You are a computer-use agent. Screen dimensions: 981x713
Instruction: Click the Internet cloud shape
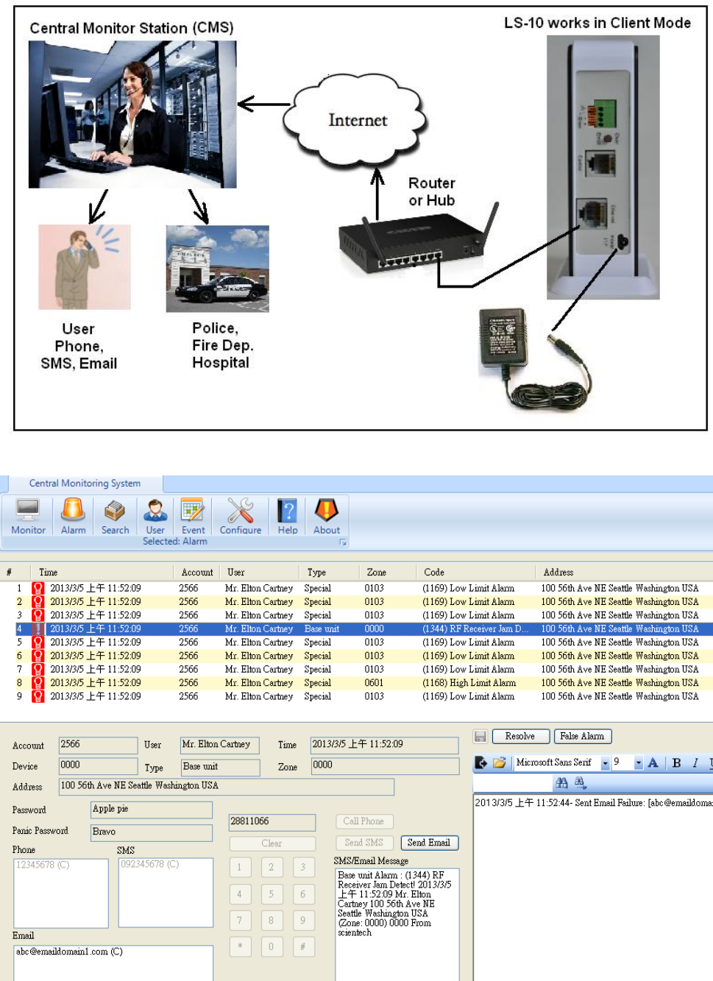(x=358, y=120)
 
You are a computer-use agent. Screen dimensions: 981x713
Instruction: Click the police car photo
(x=217, y=269)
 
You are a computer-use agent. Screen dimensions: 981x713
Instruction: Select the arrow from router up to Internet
(x=377, y=194)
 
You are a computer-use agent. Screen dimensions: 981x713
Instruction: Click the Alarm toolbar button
(x=74, y=515)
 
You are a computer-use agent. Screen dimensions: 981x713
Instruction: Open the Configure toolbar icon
(x=241, y=515)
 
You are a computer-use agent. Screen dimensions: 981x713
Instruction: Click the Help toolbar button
(x=288, y=515)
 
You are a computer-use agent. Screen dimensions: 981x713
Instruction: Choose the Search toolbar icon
(x=115, y=515)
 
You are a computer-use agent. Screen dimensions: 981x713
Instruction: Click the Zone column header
(x=377, y=572)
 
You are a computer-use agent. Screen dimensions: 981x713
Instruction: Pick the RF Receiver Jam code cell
(x=475, y=629)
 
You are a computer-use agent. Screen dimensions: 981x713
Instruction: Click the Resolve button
(x=519, y=736)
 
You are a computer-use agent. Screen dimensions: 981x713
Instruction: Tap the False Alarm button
(x=582, y=736)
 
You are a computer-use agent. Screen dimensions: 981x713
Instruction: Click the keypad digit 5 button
(x=271, y=894)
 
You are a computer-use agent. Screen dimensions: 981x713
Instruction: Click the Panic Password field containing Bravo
(x=151, y=832)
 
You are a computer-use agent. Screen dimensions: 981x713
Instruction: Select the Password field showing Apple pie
(x=151, y=810)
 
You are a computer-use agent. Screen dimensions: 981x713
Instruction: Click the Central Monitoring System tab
(x=85, y=484)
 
